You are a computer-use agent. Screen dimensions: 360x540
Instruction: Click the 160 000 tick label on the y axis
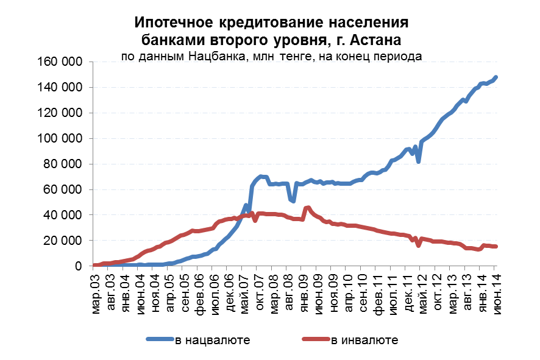tap(60, 62)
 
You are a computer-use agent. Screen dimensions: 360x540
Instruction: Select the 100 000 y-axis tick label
tap(60, 138)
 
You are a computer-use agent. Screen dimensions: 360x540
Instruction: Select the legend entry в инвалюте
tap(364, 339)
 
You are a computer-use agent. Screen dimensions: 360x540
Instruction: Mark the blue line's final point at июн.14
tap(496, 77)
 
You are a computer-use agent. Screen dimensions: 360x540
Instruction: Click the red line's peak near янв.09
tap(308, 208)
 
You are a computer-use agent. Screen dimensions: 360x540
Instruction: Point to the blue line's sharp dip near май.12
tap(419, 161)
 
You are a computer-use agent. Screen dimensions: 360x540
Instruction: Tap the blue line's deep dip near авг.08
tap(294, 200)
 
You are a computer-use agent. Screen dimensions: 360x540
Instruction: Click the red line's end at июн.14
tap(496, 246)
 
